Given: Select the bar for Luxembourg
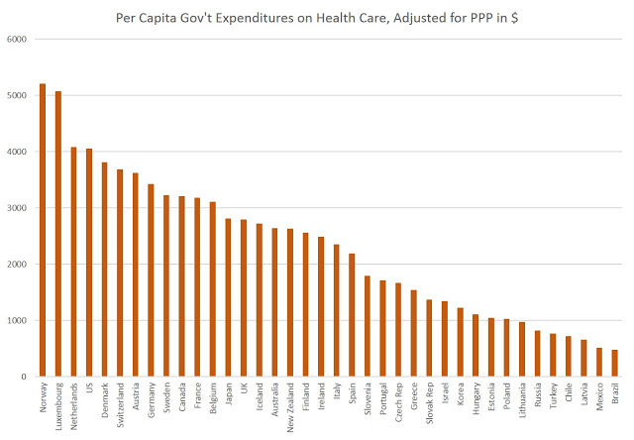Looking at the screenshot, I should click(x=57, y=234).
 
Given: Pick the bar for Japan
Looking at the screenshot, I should click(x=228, y=297).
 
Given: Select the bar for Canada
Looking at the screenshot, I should click(x=181, y=286).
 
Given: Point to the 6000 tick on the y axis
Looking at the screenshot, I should click(x=18, y=40).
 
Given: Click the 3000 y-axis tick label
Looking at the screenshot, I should click(x=18, y=208).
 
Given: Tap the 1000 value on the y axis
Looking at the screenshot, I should click(x=18, y=321).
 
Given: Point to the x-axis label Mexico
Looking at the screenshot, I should click(x=598, y=400).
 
